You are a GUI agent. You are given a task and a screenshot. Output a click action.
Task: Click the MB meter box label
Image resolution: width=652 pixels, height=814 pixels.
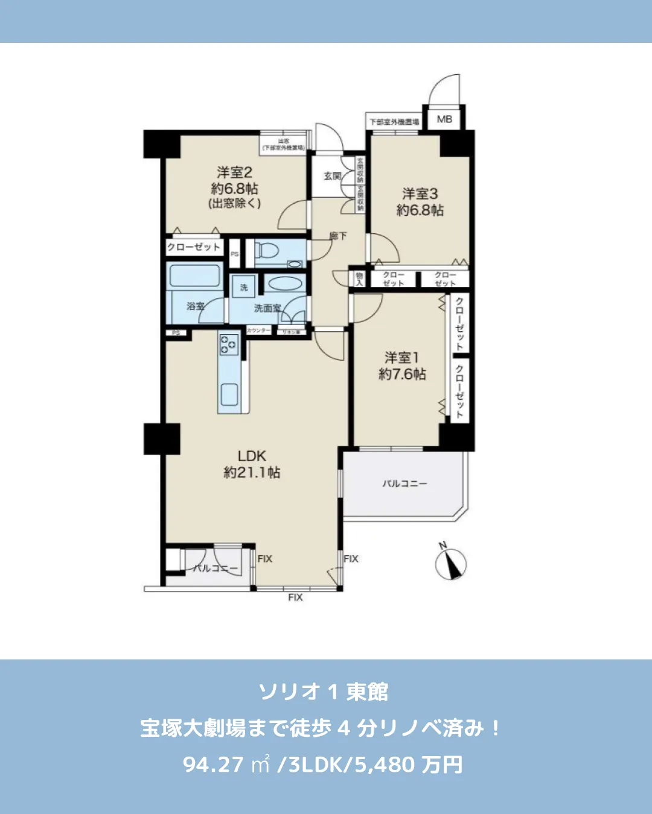[444, 119]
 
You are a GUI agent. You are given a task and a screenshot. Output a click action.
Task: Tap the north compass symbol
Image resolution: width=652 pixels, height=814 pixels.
[450, 564]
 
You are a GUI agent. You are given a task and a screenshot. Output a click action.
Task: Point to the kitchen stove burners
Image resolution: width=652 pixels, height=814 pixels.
[229, 344]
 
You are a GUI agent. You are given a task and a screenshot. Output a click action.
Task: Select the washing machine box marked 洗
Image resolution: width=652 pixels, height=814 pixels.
[244, 287]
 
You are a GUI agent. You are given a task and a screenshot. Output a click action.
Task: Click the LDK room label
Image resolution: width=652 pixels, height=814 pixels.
[252, 456]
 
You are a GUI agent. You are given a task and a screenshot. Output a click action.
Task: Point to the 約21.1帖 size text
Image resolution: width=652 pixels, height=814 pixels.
[252, 472]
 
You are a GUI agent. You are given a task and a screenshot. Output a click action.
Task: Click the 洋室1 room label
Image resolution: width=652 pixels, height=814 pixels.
[402, 358]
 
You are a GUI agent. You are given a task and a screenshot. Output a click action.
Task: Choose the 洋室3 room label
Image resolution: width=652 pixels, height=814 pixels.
[420, 194]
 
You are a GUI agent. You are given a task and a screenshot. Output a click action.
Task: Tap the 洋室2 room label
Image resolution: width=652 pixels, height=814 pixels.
[234, 172]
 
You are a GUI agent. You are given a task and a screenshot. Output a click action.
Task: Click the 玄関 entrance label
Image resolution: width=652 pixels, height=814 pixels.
[332, 176]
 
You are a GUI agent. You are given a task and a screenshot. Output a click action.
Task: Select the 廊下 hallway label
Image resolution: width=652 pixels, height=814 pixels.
[338, 236]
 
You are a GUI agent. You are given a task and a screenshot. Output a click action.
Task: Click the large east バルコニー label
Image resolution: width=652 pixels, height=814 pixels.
[404, 484]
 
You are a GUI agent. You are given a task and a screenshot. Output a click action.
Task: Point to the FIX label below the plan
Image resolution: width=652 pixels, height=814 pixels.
[295, 597]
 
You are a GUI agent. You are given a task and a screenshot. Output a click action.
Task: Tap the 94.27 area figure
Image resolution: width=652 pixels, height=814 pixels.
[213, 765]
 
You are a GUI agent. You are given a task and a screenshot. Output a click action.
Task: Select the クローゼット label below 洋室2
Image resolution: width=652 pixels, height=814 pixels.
[194, 247]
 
